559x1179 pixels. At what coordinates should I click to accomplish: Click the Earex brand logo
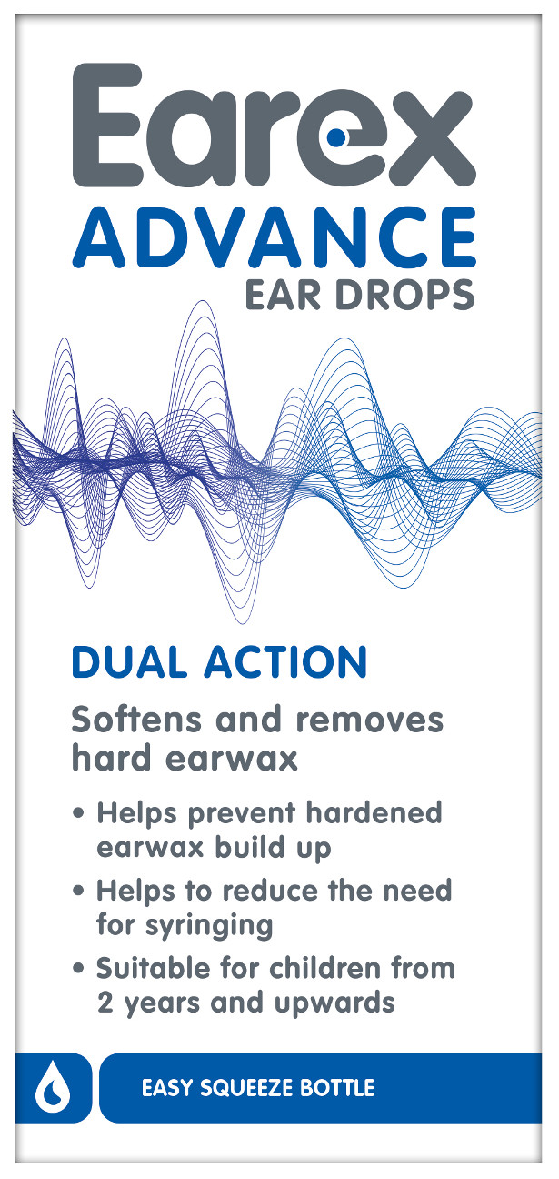coord(274,125)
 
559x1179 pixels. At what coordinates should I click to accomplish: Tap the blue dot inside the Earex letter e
coord(336,137)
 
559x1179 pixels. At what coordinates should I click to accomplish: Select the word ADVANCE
coord(274,238)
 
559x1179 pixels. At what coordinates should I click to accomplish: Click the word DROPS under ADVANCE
coord(404,296)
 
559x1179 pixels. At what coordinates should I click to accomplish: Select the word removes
coord(370,720)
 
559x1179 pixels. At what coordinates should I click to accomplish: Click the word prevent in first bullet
coord(242,814)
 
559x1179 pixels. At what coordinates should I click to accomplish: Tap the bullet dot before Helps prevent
coord(79,813)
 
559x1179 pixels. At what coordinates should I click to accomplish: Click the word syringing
coord(209,925)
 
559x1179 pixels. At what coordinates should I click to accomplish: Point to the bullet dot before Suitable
coord(79,967)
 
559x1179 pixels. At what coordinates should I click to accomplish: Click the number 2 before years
coord(105,1003)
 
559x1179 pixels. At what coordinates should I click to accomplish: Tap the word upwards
coord(334,1003)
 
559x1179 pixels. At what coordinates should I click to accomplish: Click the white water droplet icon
coord(53,1088)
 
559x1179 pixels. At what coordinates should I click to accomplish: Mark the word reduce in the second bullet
coord(272,891)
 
